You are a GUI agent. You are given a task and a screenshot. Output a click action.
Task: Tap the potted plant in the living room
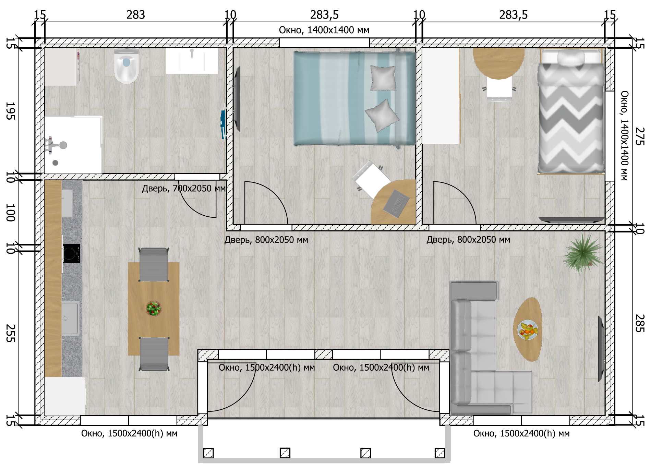[x=583, y=254]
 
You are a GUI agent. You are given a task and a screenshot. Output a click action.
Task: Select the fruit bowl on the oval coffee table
[x=528, y=330]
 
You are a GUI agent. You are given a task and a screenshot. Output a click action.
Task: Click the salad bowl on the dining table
[x=154, y=308]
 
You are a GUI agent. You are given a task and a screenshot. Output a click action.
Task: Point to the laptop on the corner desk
[x=396, y=203]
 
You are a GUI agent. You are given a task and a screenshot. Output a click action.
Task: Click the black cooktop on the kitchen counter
[x=71, y=254]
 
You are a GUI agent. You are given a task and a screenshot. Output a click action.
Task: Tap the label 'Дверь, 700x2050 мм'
[x=184, y=188]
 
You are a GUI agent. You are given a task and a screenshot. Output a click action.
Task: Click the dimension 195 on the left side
[x=11, y=111]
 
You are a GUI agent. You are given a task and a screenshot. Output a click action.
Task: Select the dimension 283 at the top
[x=136, y=15]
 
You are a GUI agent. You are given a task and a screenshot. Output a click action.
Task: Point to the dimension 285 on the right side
[x=640, y=323]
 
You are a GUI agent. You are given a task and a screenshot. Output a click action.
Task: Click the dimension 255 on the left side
[x=11, y=333]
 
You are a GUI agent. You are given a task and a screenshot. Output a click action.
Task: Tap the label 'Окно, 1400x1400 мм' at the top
[x=324, y=30]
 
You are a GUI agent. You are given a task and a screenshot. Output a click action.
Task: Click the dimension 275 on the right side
[x=640, y=136]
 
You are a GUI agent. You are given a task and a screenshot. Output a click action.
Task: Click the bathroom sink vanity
[x=192, y=61]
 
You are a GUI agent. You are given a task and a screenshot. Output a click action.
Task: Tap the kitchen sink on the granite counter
[x=70, y=319]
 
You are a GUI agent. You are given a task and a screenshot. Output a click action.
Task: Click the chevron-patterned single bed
[x=571, y=111]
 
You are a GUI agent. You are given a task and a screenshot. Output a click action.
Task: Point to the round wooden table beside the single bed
[x=498, y=63]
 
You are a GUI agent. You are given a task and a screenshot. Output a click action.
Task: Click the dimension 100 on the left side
[x=11, y=213]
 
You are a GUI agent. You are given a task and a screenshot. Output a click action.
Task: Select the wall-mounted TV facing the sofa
[x=601, y=349]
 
